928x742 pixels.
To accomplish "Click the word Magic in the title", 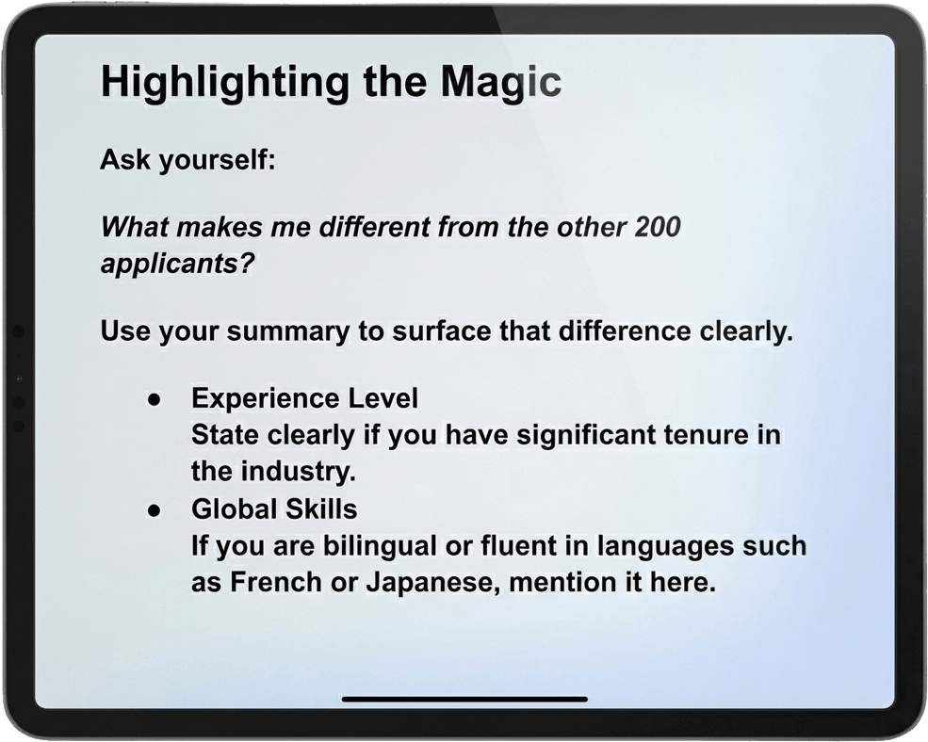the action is (500, 83).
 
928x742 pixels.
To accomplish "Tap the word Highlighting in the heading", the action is (225, 83).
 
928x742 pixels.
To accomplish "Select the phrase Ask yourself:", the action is (187, 160).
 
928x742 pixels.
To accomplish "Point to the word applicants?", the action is (177, 264).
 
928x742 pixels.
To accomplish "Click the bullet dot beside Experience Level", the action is (155, 400).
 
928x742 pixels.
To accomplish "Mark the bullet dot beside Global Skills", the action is (155, 510).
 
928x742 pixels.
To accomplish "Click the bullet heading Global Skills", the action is (274, 508).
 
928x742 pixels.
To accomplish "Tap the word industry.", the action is (299, 472).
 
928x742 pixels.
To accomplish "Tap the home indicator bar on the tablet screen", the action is (464, 700).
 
